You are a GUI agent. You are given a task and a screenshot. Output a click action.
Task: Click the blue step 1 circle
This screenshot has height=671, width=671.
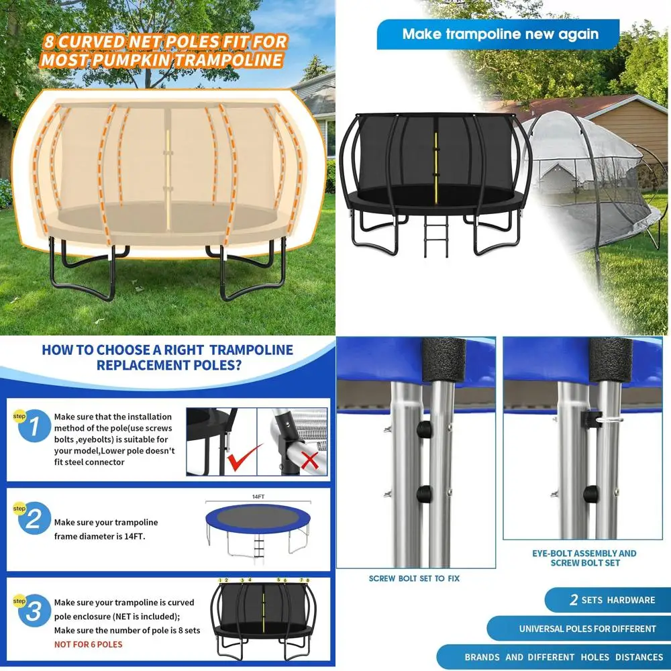tap(34, 426)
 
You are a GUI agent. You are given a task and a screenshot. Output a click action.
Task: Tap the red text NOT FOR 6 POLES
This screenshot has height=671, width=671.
tap(88, 644)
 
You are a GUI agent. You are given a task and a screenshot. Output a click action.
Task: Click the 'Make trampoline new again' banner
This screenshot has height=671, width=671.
tap(500, 34)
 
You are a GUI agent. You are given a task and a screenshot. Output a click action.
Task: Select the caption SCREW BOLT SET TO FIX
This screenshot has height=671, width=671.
tap(414, 578)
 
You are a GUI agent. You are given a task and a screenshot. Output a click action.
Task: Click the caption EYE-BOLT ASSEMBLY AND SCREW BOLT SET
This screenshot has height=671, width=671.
tap(584, 558)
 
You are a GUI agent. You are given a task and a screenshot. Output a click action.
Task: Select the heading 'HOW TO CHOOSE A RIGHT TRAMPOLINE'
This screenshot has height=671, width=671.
tap(168, 350)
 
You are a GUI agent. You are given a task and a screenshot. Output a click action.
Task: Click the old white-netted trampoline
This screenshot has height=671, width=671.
tap(590, 174)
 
